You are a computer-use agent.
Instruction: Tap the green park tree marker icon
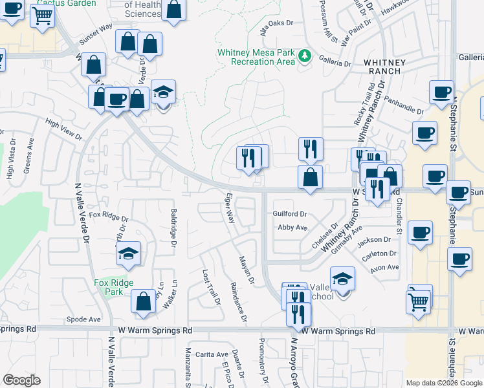coord(305,58)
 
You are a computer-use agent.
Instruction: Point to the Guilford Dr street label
coord(289,213)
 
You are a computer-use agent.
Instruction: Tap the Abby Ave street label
coord(292,228)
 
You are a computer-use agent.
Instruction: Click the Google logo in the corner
coord(21,380)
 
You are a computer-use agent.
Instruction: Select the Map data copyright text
coord(444,383)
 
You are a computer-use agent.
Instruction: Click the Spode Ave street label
coord(84,319)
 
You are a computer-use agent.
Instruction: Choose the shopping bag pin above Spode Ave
coord(143,301)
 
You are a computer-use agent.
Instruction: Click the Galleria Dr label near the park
coord(335,64)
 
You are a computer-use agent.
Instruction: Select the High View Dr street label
coord(64,129)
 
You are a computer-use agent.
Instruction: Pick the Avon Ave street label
coord(384,267)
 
